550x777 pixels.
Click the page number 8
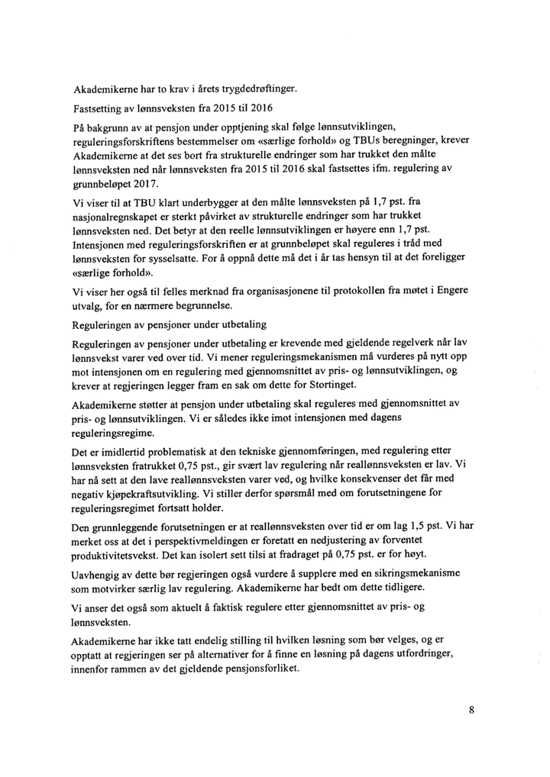click(x=472, y=710)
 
